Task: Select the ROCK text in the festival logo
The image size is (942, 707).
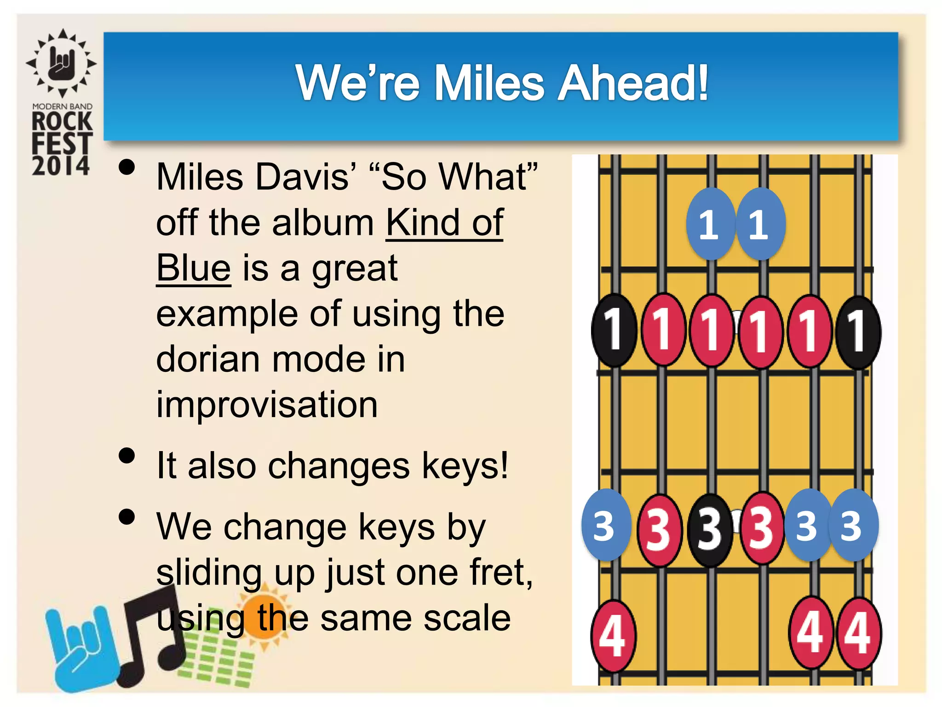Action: click(62, 122)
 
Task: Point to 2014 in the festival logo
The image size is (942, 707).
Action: click(61, 165)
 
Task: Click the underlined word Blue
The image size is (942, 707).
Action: click(193, 268)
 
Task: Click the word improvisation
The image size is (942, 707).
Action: click(267, 405)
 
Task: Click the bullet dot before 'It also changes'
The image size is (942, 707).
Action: click(126, 456)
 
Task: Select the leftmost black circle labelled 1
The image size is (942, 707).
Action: click(614, 330)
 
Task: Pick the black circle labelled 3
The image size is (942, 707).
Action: click(710, 529)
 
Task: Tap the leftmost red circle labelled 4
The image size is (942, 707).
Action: click(613, 636)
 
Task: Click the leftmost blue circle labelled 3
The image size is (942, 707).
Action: click(605, 525)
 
